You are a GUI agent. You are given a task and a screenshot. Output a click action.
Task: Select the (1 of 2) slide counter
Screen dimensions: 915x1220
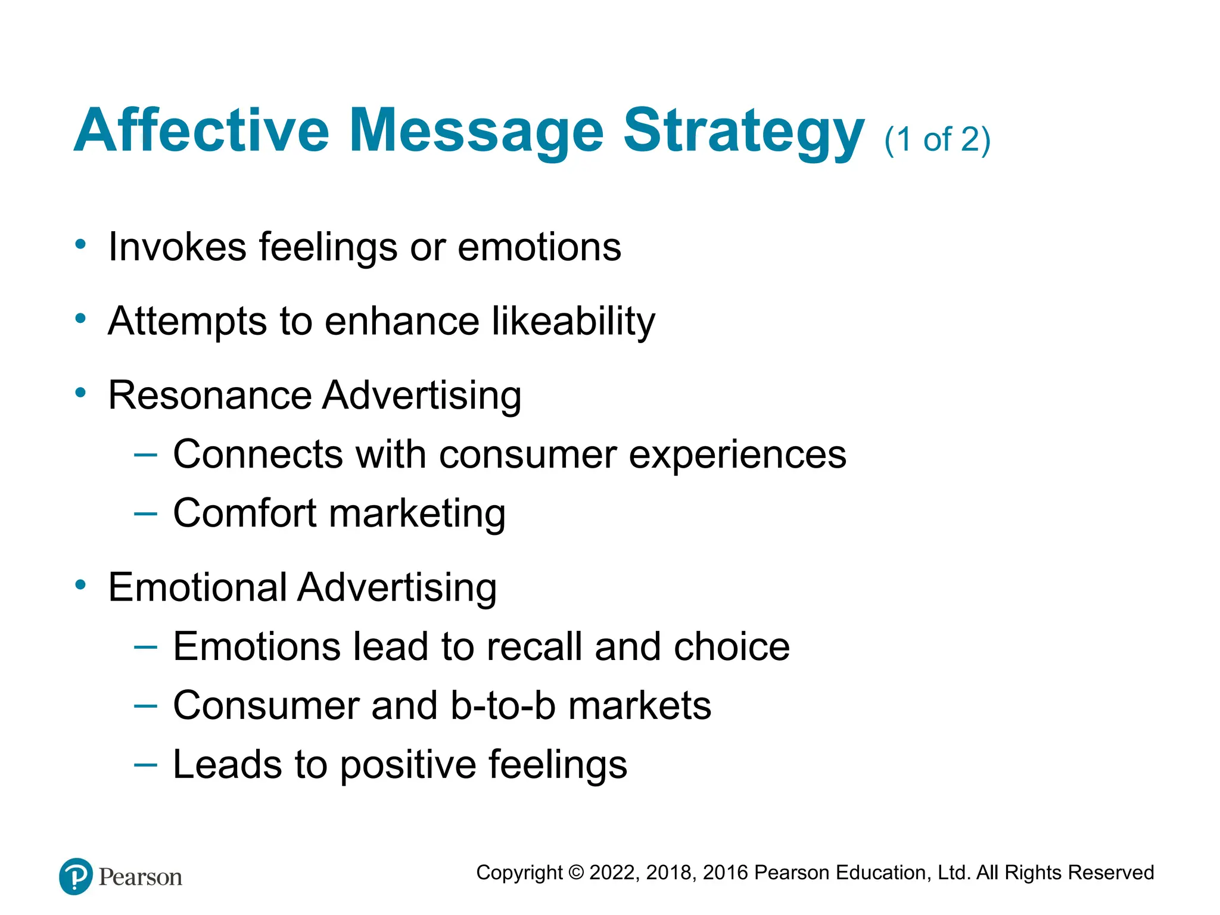937,140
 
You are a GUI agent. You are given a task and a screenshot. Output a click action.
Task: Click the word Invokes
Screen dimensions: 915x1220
177,247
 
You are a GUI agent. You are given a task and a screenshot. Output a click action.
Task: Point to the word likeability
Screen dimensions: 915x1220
574,322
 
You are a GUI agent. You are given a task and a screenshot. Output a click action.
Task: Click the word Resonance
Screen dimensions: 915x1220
210,395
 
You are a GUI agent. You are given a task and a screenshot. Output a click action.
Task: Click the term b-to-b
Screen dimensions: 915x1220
503,705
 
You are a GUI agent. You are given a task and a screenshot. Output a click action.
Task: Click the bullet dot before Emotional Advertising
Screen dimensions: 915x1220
80,585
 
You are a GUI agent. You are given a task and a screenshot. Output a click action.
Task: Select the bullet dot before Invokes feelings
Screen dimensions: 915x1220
80,244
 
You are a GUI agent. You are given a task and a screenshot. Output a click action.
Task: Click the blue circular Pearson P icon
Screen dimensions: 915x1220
76,876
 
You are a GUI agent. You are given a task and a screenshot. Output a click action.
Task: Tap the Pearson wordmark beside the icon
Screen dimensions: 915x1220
140,877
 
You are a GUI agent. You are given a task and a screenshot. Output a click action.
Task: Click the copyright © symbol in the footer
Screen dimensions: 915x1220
575,873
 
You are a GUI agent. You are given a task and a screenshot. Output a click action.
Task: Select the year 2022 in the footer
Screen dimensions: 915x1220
614,873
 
